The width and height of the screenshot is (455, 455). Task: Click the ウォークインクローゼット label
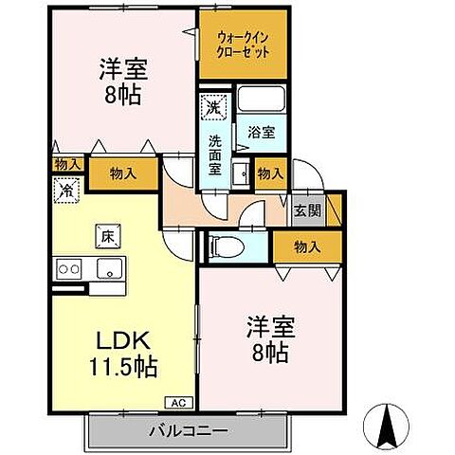point(243,44)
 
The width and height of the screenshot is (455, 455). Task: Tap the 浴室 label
point(262,133)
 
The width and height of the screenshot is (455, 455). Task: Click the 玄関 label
point(305,210)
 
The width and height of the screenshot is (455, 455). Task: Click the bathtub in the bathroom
point(262,99)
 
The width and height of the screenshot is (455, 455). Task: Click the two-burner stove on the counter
point(68,268)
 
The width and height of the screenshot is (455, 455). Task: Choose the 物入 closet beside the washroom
point(269,174)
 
